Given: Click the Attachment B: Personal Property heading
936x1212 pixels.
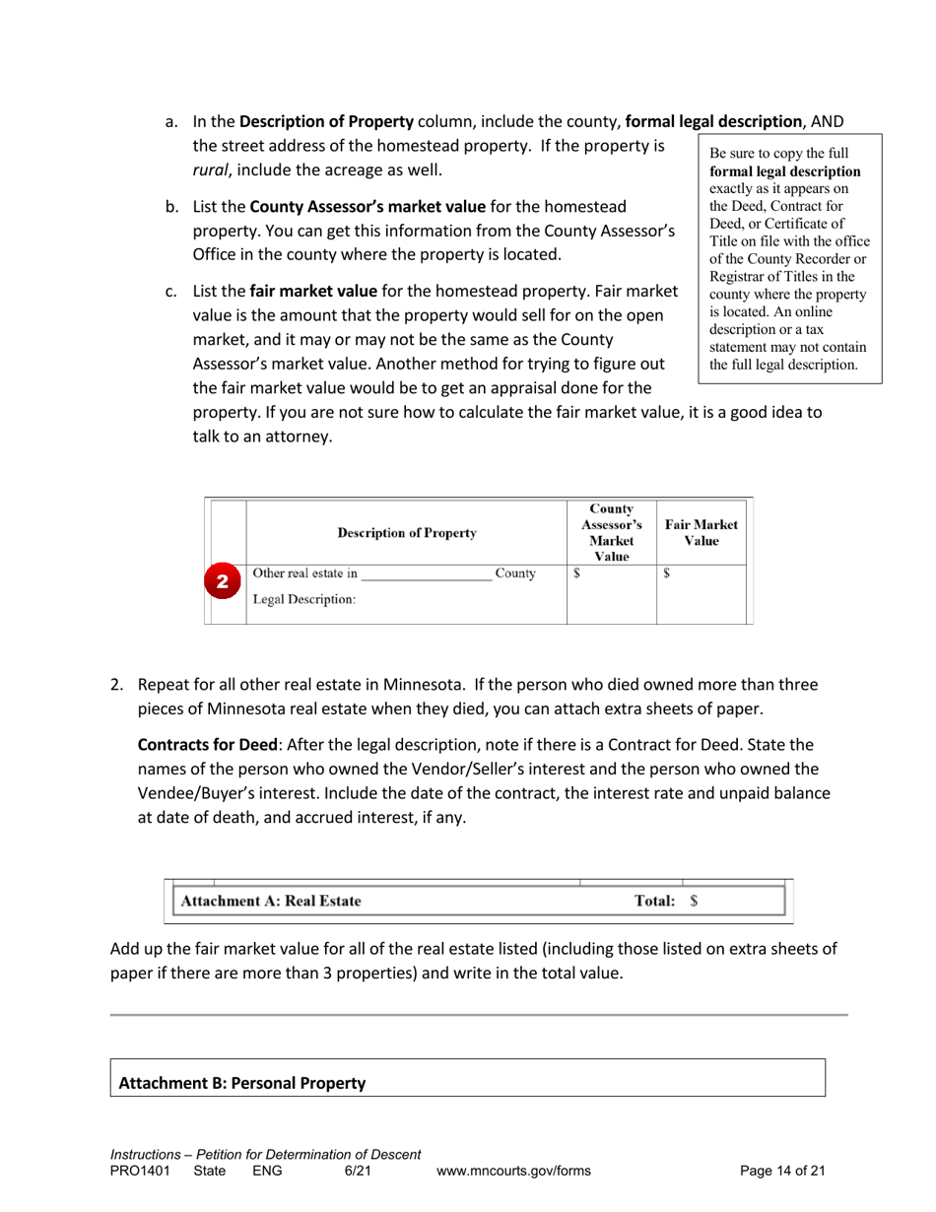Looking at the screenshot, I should [242, 1083].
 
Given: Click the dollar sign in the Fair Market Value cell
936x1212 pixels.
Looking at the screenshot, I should [666, 572].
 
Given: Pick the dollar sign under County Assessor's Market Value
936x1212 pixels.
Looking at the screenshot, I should [577, 572].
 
